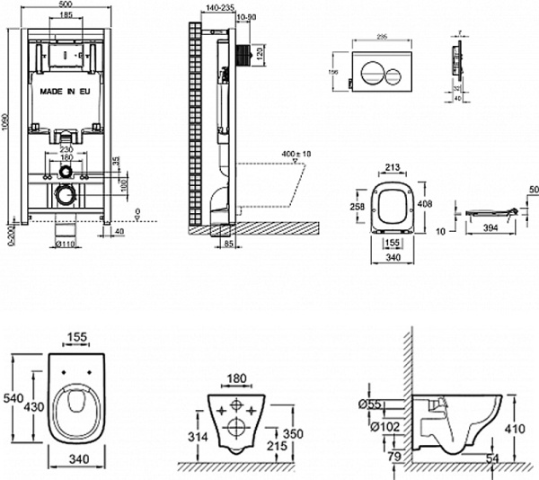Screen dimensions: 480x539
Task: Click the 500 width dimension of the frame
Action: tap(66, 5)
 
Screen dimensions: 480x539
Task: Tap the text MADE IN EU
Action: tap(66, 91)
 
